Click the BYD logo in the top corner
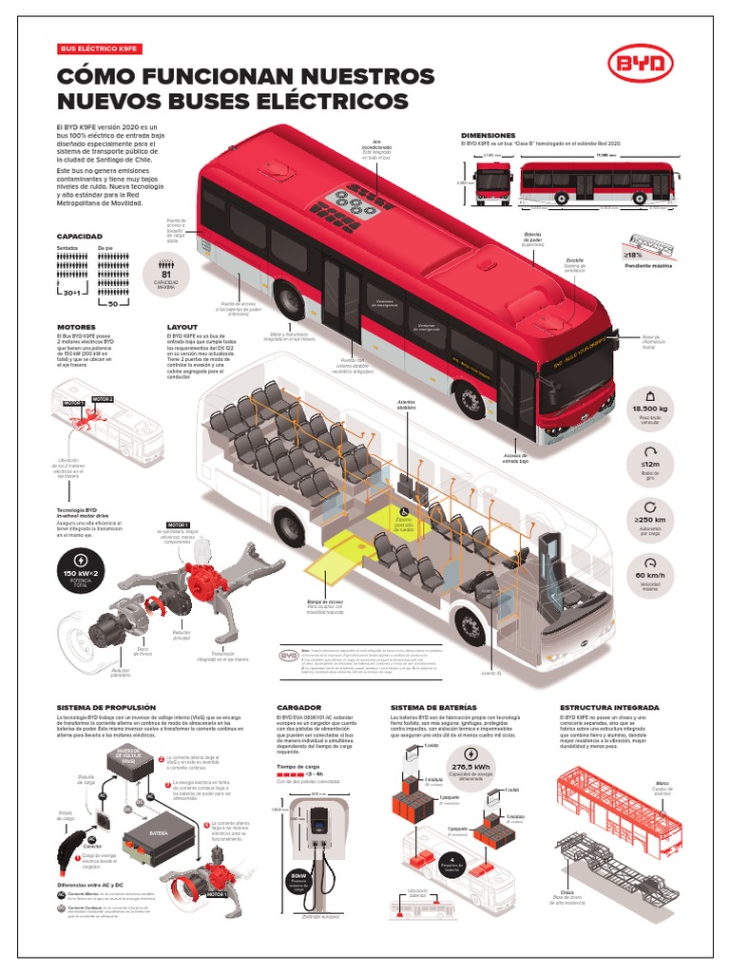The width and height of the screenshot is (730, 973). tap(641, 65)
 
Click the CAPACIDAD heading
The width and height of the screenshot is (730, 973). tap(79, 236)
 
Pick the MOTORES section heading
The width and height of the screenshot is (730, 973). tap(76, 327)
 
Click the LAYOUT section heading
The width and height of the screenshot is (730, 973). tap(182, 327)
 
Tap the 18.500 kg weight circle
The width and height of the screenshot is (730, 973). tap(650, 402)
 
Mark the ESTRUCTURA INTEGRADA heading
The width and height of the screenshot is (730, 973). tap(609, 708)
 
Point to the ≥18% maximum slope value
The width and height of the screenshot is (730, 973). tap(633, 255)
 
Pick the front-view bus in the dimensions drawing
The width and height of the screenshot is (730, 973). tap(493, 182)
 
